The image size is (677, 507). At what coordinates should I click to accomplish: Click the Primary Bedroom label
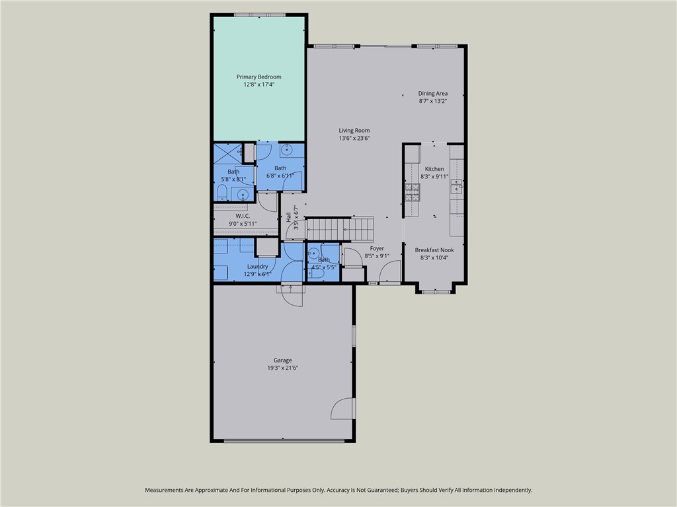tap(259, 77)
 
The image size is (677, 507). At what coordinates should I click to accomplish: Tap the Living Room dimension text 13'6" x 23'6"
tap(354, 138)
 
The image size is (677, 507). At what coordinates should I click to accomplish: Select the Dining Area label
tap(432, 94)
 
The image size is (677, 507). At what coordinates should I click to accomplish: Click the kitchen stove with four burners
tap(412, 192)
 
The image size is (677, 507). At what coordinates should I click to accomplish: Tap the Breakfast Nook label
tap(434, 250)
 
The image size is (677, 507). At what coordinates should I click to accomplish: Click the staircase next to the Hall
tap(340, 229)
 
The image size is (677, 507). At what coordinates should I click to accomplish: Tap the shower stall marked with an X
tap(227, 154)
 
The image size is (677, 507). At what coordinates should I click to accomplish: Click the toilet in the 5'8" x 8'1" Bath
tap(222, 193)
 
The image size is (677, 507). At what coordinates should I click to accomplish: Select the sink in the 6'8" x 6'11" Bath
tap(287, 151)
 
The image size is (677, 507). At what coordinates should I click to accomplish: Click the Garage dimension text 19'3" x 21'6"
tap(283, 368)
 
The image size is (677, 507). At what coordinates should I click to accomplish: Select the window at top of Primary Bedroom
tap(259, 15)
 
